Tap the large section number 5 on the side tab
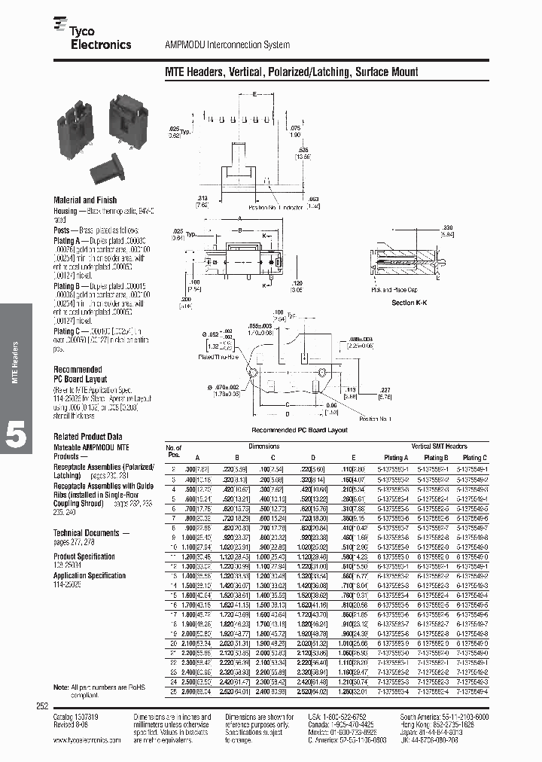click(x=16, y=435)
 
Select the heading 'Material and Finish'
click(x=85, y=200)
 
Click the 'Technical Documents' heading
click(x=86, y=532)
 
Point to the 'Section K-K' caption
click(x=409, y=303)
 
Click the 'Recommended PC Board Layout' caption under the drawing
click(x=300, y=430)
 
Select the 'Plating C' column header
click(x=474, y=457)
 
